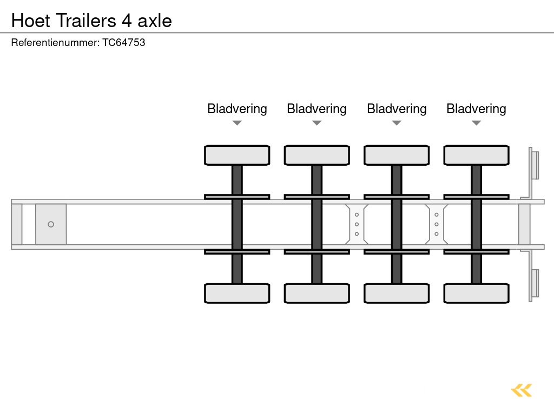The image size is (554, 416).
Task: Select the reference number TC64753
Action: pyautogui.click(x=124, y=42)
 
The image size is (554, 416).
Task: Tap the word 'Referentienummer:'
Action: pyautogui.click(x=55, y=42)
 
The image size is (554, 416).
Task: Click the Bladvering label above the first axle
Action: pyautogui.click(x=237, y=109)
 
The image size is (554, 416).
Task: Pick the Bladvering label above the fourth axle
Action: pyautogui.click(x=476, y=109)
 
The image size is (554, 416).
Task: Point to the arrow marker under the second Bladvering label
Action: pyautogui.click(x=317, y=123)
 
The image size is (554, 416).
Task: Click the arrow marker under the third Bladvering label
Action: pyautogui.click(x=397, y=123)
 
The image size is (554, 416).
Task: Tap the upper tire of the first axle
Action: pyautogui.click(x=237, y=155)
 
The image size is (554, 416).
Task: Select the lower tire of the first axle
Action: pyautogui.click(x=237, y=293)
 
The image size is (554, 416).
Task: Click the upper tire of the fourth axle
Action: pyautogui.click(x=476, y=155)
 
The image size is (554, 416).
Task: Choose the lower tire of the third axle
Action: pyautogui.click(x=397, y=293)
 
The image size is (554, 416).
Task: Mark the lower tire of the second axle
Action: pyautogui.click(x=317, y=293)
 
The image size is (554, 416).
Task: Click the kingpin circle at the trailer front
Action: pyautogui.click(x=51, y=224)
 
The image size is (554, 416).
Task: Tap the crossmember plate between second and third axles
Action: pyautogui.click(x=357, y=224)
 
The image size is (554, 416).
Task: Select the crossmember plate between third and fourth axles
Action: pyautogui.click(x=436, y=224)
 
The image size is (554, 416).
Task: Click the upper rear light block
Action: pyautogui.click(x=535, y=165)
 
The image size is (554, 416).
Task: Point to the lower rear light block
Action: pyautogui.click(x=535, y=283)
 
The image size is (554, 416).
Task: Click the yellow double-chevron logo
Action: pyautogui.click(x=522, y=390)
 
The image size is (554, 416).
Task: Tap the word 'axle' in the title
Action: pyautogui.click(x=155, y=21)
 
